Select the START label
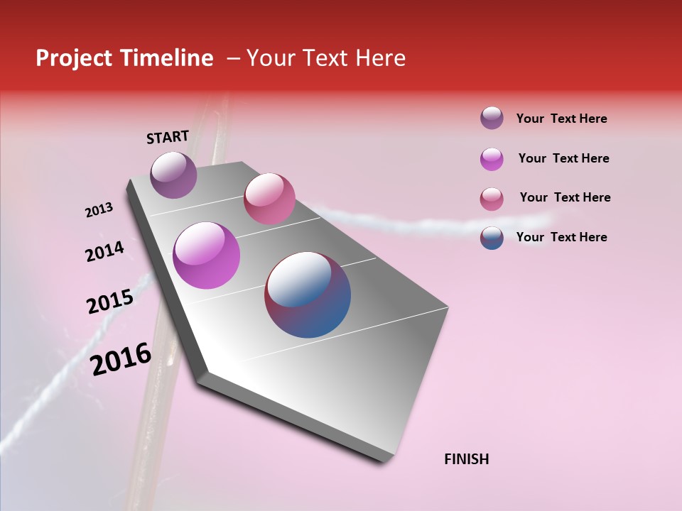pos(168,137)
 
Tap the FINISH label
pos(467,459)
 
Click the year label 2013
pos(99,210)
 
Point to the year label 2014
pos(104,252)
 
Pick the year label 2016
pos(121,358)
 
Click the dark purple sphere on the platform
pos(174,175)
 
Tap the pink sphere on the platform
pos(269,198)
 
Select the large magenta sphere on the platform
pos(206,255)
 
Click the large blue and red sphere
pos(308,295)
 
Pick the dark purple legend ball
pos(492,119)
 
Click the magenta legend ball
pos(492,158)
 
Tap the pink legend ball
pos(492,198)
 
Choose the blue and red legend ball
pos(492,237)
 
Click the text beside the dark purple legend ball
pos(561,119)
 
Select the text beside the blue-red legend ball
pos(561,237)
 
